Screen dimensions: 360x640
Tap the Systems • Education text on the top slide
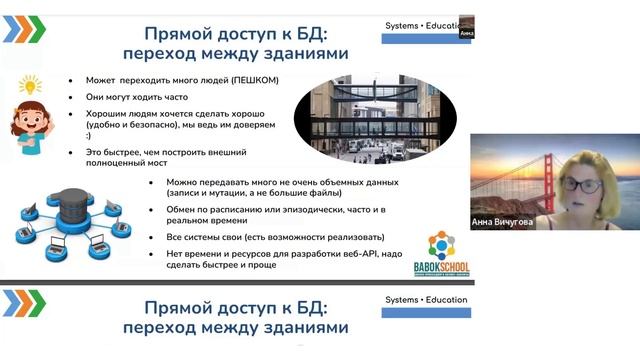[x=426, y=24]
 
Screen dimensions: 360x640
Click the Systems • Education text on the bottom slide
[x=426, y=299]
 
